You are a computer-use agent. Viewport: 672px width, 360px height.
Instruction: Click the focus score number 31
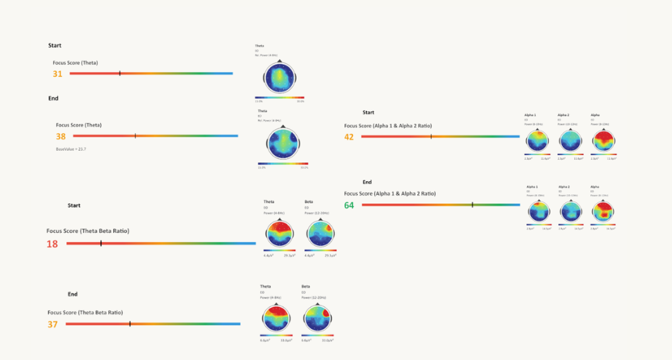pos(57,73)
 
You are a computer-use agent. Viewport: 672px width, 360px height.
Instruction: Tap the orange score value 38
pos(61,136)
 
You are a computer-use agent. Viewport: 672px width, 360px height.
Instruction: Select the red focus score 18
pos(52,244)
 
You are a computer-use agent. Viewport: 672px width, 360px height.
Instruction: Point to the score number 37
pos(52,324)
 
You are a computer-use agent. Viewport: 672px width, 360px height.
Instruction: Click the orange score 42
pos(349,137)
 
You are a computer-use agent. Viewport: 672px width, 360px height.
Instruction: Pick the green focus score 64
pos(349,205)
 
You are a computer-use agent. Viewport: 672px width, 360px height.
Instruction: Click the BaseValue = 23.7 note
pos(70,149)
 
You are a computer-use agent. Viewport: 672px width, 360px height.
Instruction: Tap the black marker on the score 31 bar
pos(119,73)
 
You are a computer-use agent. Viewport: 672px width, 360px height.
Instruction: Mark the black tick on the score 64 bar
pos(472,205)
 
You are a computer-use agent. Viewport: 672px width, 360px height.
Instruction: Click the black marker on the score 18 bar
pos(101,243)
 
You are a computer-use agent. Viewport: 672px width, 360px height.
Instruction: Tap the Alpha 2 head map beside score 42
pos(570,140)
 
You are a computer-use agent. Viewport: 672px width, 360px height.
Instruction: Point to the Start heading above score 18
pos(74,205)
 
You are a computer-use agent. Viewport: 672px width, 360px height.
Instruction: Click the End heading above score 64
pos(367,182)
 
